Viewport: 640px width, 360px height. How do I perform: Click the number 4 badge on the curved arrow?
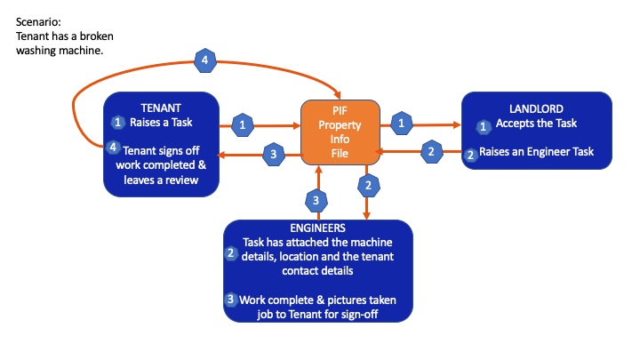point(205,61)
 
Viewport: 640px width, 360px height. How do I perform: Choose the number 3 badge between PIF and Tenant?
point(274,155)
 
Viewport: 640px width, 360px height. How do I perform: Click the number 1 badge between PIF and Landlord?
point(404,120)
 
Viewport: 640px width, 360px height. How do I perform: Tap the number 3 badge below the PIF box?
point(311,198)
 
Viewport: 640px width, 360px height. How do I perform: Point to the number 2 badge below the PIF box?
point(366,186)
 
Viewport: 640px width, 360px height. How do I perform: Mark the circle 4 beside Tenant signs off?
point(114,147)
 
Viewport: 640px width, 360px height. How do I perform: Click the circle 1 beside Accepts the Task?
point(484,126)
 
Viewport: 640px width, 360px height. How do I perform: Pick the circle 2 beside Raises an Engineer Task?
point(471,153)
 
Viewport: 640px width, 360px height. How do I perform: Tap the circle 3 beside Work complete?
point(231,299)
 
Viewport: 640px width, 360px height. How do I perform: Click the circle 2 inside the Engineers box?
point(230,253)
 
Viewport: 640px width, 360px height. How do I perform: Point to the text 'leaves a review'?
point(162,180)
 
